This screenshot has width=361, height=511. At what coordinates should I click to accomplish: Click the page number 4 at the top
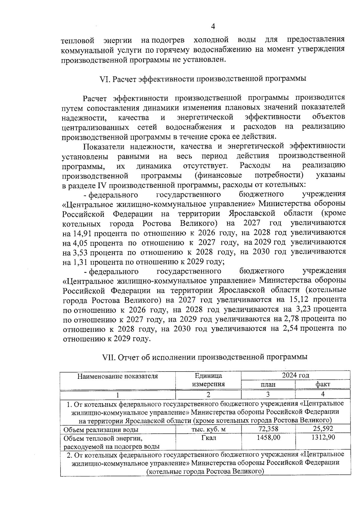pyautogui.click(x=213, y=26)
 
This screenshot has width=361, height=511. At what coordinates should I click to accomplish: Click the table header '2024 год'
pyautogui.click(x=295, y=375)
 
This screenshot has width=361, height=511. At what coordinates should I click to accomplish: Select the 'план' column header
pyautogui.click(x=268, y=384)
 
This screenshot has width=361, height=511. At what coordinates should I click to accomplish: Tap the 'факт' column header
pyautogui.click(x=323, y=384)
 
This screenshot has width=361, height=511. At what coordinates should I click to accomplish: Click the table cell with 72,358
pyautogui.click(x=268, y=428)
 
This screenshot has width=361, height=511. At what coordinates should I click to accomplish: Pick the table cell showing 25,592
pyautogui.click(x=323, y=428)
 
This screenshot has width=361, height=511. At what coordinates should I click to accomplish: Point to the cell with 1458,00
pyautogui.click(x=268, y=437)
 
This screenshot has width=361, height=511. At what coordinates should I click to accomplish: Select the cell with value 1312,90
pyautogui.click(x=323, y=437)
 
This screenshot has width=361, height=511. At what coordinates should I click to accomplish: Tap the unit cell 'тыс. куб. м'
pyautogui.click(x=208, y=429)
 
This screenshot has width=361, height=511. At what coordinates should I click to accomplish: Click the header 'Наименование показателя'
pyautogui.click(x=118, y=376)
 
